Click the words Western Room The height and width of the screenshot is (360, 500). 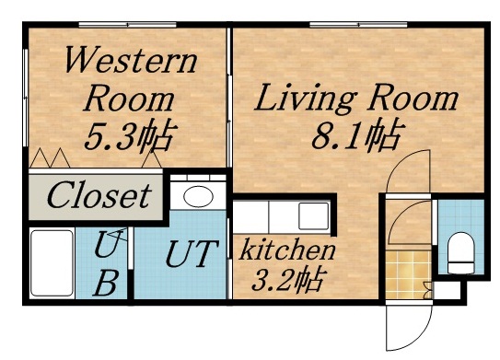(130, 79)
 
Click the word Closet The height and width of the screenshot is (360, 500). (98, 195)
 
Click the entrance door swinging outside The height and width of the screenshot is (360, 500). (405, 322)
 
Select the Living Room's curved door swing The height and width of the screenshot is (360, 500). (410, 170)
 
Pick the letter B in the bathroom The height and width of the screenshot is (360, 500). (107, 283)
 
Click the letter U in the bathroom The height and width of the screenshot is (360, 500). (107, 246)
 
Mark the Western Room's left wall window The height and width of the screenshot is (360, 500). (25, 92)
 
